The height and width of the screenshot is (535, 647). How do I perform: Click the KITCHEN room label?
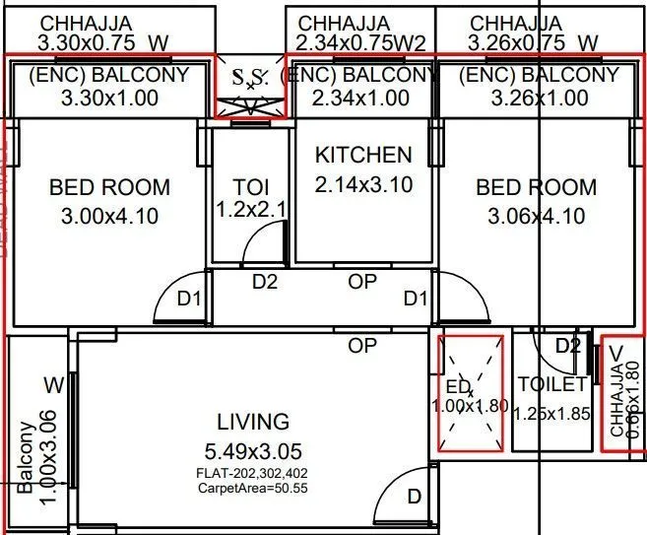(x=363, y=155)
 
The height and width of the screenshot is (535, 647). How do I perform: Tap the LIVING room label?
(x=253, y=422)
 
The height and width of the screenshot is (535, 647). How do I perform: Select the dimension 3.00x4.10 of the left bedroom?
(x=109, y=216)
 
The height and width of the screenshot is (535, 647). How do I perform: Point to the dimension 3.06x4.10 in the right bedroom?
(x=536, y=216)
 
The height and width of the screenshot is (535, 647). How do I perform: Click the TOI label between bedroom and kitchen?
(x=250, y=187)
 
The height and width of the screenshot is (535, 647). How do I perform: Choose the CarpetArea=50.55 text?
(x=253, y=487)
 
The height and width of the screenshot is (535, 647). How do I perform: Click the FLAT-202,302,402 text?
(x=253, y=473)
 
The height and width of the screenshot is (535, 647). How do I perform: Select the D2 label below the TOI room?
(x=265, y=282)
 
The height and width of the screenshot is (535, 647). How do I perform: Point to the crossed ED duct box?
(x=471, y=394)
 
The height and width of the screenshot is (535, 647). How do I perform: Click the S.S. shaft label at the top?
(x=250, y=77)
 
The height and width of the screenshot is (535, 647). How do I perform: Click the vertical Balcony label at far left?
(x=24, y=456)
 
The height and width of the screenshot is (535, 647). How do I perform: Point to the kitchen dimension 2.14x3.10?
(x=363, y=183)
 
